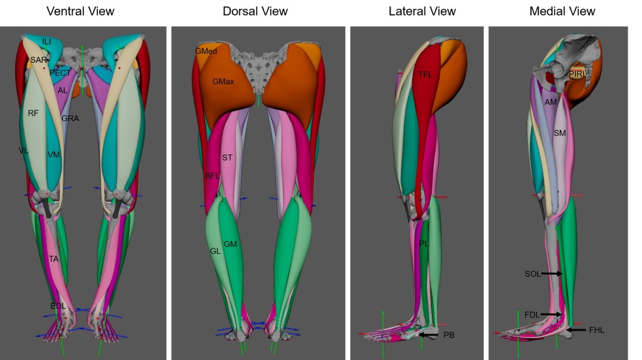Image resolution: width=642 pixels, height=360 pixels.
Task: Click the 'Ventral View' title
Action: [80, 11]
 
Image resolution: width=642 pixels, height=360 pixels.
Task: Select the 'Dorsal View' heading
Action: [255, 11]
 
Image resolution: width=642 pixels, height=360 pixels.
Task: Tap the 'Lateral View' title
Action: [422, 11]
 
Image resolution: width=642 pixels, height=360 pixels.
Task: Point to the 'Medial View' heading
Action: [562, 11]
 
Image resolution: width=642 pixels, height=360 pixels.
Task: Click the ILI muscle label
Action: [47, 41]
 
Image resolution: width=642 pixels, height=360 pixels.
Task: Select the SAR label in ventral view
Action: [38, 60]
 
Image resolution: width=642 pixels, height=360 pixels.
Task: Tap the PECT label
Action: [60, 73]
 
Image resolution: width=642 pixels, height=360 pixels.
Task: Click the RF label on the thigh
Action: [33, 113]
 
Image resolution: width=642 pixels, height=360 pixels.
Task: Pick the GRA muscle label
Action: [70, 118]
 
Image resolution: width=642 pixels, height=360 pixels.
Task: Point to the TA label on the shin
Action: [54, 258]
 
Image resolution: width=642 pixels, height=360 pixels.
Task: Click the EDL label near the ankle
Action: [58, 305]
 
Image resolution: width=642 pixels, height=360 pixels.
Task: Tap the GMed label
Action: [206, 51]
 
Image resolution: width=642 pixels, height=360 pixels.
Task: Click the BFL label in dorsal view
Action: [213, 176]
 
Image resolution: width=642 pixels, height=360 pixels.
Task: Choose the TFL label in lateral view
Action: [426, 75]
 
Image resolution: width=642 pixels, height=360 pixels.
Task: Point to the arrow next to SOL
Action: [552, 273]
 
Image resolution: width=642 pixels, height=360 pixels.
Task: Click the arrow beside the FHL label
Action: [576, 330]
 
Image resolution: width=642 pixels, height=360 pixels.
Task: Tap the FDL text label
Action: [532, 314]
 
